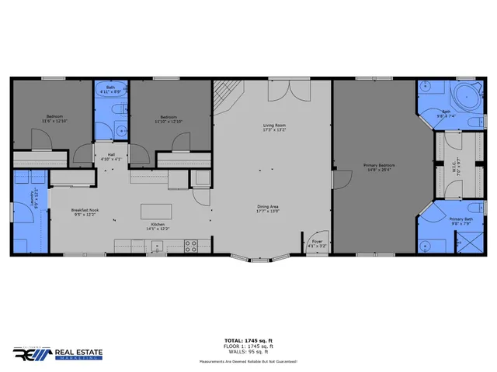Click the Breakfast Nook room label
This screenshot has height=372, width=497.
tap(84, 212)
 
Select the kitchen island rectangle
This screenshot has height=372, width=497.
tap(156, 212)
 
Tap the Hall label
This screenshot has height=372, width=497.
tap(112, 157)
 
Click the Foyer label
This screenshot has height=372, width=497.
tap(317, 243)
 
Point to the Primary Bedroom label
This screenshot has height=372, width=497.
tap(381, 167)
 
